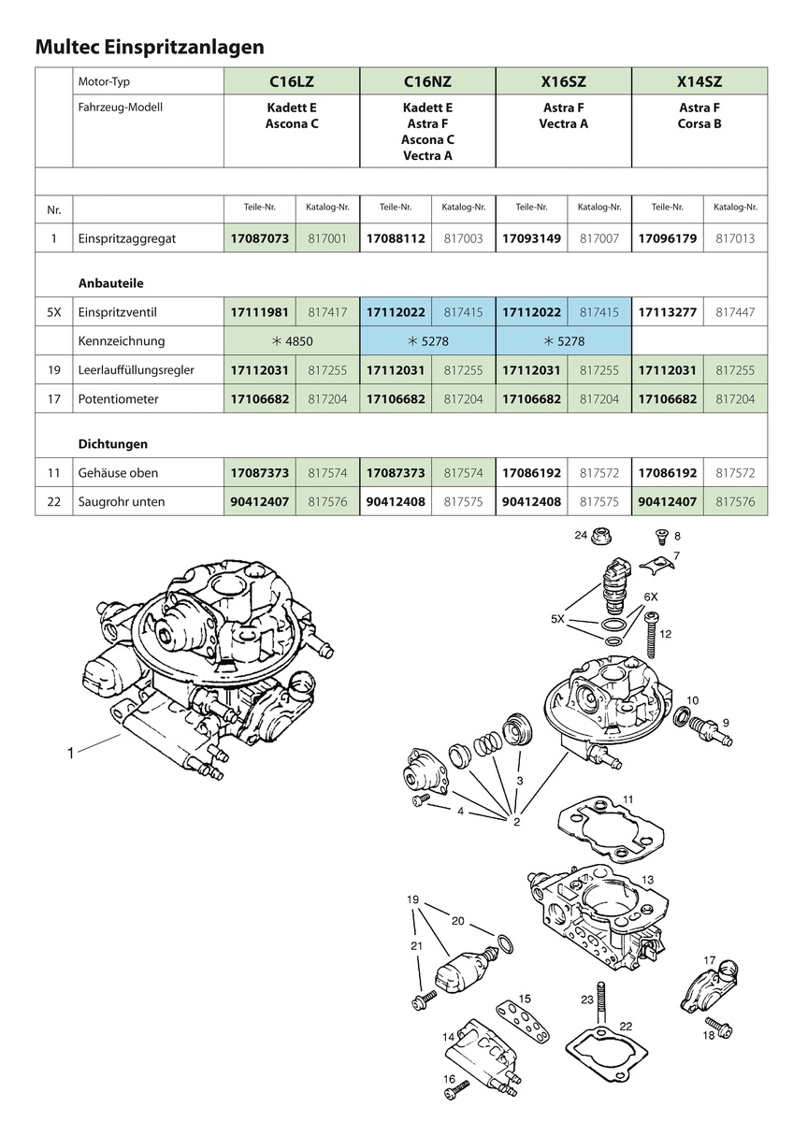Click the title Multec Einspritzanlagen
(x=149, y=46)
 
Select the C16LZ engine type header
(x=292, y=81)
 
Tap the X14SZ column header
(x=699, y=81)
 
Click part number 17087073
(x=260, y=238)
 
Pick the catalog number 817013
(x=734, y=238)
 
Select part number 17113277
(x=667, y=312)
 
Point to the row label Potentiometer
(x=120, y=399)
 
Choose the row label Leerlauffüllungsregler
(x=137, y=370)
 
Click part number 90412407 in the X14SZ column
(x=667, y=502)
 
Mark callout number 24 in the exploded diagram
(x=580, y=536)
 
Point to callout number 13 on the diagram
(x=648, y=880)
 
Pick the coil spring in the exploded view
(x=487, y=744)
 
